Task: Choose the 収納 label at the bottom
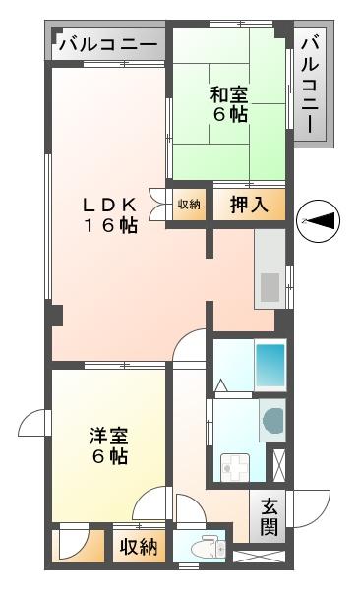click(140, 547)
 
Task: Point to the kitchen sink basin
click(269, 288)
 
